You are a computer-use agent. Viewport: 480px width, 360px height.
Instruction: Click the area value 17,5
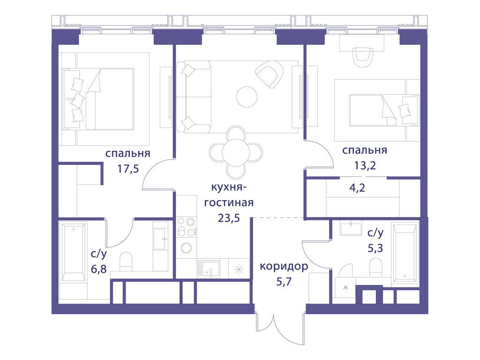click(128, 168)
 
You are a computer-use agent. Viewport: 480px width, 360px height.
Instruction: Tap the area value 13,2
click(365, 165)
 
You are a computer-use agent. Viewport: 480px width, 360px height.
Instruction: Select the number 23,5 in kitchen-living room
click(229, 218)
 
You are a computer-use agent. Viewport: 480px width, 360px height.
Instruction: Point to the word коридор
click(284, 267)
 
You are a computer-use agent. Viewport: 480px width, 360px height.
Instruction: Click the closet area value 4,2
click(357, 187)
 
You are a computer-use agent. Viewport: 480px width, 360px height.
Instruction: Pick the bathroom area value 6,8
click(98, 269)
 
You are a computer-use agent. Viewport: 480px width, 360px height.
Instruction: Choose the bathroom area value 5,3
click(375, 248)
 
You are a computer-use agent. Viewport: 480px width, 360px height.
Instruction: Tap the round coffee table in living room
click(247, 97)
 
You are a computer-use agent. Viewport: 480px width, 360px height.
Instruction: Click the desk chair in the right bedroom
click(363, 57)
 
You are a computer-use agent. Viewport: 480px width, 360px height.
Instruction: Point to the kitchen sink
click(209, 269)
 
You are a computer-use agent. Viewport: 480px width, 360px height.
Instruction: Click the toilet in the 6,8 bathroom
click(126, 261)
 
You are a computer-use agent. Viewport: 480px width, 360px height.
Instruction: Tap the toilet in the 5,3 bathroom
click(376, 267)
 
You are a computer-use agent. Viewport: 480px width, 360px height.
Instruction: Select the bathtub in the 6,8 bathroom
click(74, 252)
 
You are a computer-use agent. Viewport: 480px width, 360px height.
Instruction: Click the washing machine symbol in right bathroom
click(345, 288)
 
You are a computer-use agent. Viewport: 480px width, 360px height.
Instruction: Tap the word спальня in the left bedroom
click(128, 153)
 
